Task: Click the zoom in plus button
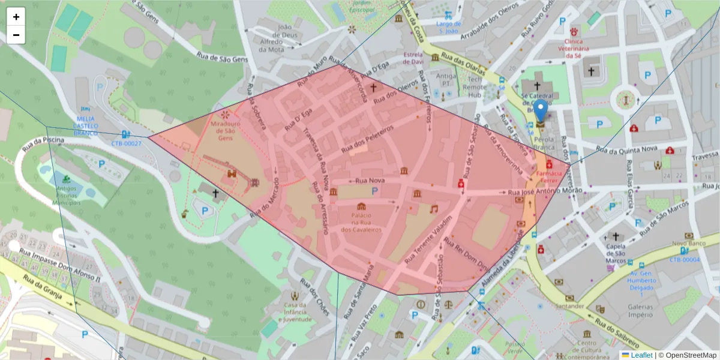pos(16,17)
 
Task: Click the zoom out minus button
pos(16,35)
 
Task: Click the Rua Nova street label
pos(370,180)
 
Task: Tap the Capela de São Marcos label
pos(616,252)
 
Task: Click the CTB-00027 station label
pos(126,143)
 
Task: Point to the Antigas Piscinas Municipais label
pos(66,196)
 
